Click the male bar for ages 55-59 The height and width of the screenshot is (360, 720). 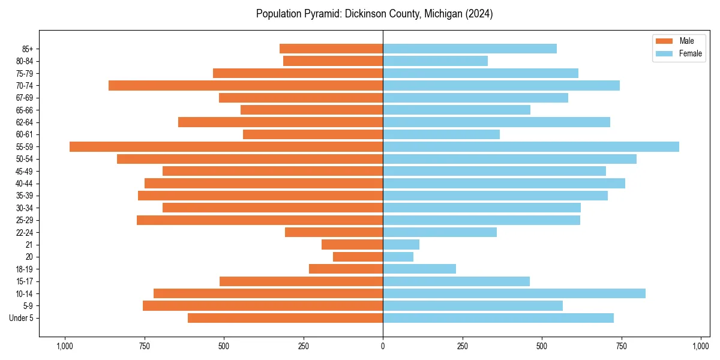click(226, 146)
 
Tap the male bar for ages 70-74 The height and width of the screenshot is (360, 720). click(245, 85)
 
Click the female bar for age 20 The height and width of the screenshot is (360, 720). click(398, 257)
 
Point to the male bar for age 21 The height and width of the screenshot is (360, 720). click(352, 244)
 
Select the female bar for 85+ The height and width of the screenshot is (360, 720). click(470, 49)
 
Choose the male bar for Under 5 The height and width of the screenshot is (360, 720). click(285, 318)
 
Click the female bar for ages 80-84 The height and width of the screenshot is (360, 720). click(435, 61)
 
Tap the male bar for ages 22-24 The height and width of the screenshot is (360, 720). click(334, 232)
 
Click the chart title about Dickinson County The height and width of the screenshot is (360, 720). click(374, 14)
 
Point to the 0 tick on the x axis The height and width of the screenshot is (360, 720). click(383, 346)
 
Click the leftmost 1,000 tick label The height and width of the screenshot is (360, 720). click(64, 346)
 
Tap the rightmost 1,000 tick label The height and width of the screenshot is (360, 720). click(701, 346)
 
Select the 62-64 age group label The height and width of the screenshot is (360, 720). click(25, 122)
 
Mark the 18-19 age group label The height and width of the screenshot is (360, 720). click(25, 269)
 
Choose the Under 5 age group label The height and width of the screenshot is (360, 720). click(22, 318)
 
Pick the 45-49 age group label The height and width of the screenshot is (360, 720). click(25, 171)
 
